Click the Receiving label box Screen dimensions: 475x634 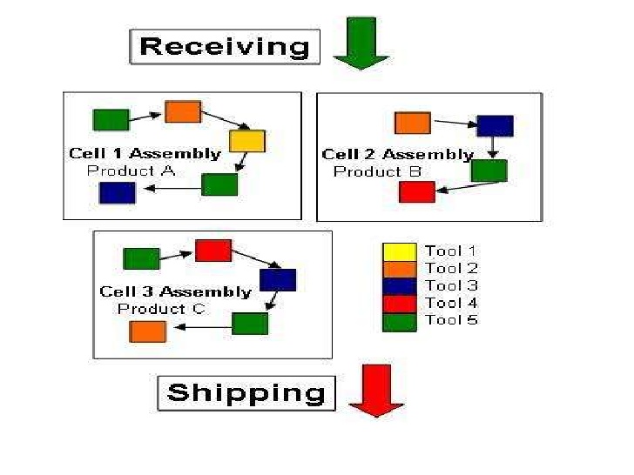225,46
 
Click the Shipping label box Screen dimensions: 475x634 246,392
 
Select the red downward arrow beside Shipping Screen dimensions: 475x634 376,391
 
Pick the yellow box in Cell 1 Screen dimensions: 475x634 247,141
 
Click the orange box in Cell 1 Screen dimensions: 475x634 183,111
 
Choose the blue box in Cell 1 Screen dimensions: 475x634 117,192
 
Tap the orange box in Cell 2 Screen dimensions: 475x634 413,123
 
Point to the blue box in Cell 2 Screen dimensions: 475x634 495,126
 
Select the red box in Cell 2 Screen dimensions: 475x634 416,191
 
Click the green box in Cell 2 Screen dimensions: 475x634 489,171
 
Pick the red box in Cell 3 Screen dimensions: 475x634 213,251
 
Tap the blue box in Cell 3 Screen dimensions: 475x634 278,280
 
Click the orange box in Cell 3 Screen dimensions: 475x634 147,331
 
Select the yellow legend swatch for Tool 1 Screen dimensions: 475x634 400,252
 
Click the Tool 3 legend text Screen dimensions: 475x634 451,285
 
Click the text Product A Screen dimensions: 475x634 131,171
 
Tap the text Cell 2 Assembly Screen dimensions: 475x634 397,155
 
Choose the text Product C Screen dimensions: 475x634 162,309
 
